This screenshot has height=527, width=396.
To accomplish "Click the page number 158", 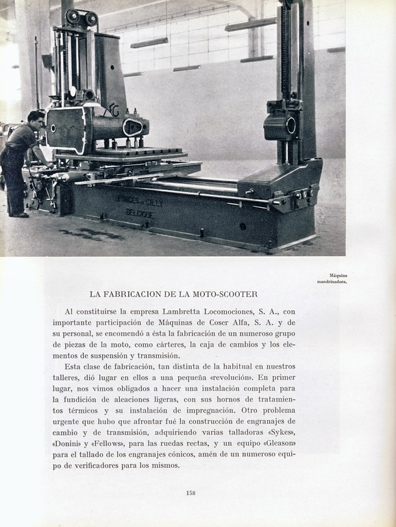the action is coord(191,492).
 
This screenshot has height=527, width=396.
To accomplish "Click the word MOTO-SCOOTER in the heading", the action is coord(224,294).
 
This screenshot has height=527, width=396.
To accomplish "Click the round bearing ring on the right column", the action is coord(290,126).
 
